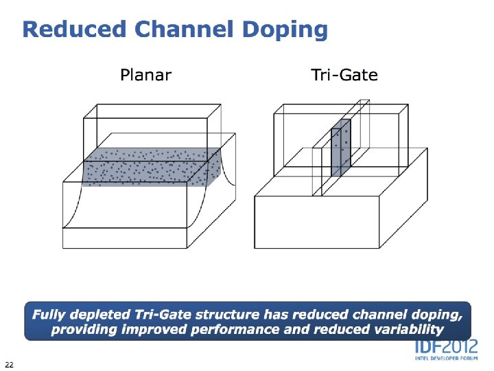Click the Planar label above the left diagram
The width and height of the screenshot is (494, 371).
(145, 74)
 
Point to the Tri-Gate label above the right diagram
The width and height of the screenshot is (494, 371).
(344, 74)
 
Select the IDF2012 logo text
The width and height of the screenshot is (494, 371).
(445, 348)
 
